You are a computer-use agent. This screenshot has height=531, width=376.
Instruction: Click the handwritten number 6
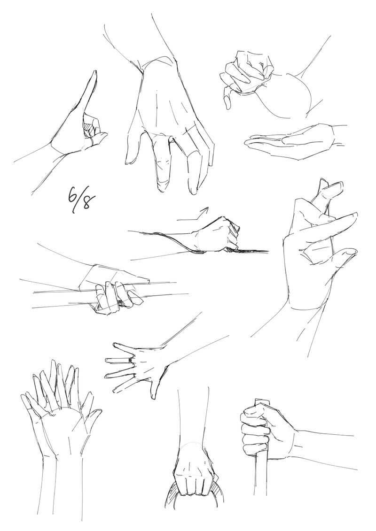72,194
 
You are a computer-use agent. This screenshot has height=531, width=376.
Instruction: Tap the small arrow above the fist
193,215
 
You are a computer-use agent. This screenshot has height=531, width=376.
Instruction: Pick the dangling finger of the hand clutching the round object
227,99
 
